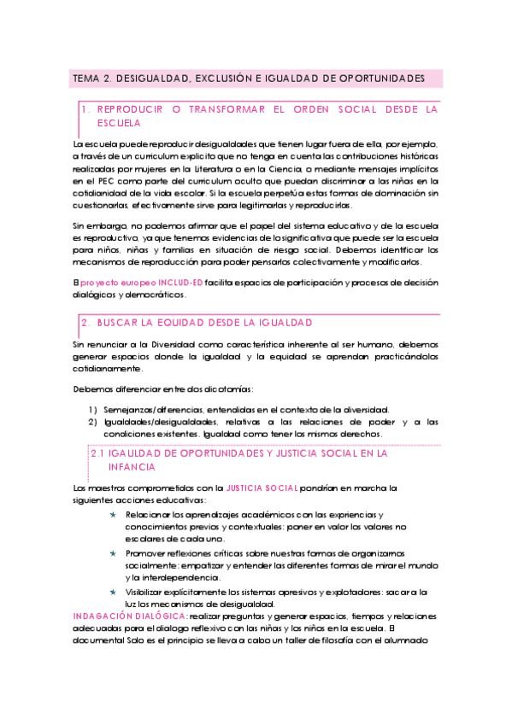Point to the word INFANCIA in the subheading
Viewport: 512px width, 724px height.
tap(132, 468)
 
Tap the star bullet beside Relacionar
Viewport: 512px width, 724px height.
tap(114, 515)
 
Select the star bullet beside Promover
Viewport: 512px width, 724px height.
tap(114, 553)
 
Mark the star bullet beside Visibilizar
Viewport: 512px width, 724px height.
tap(114, 591)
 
